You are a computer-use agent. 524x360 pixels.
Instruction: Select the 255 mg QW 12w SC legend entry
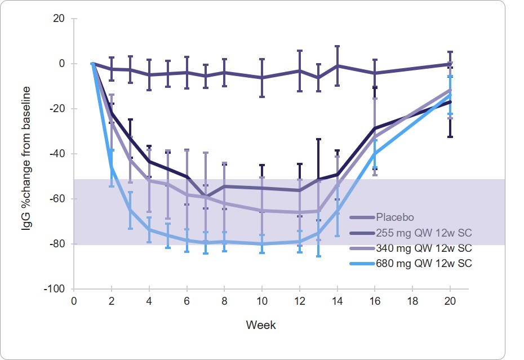coord(418,232)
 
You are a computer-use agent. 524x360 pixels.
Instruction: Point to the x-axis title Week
coord(261,325)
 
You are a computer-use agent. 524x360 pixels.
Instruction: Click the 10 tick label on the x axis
coord(261,301)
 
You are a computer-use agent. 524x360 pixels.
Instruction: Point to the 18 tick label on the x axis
coord(412,301)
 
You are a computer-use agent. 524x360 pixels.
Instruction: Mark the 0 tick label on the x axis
coord(74,301)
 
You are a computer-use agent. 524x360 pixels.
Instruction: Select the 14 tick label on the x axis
coord(337,301)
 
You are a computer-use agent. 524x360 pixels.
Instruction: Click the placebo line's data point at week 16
coord(375,73)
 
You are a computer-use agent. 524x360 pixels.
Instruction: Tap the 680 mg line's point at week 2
coord(112,166)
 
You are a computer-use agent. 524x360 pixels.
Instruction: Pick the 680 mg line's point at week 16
coord(375,154)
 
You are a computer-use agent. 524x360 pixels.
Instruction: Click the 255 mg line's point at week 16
coord(375,128)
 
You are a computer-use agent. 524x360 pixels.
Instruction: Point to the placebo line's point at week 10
coord(261,77)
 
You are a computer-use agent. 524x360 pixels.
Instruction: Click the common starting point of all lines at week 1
coord(93,64)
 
